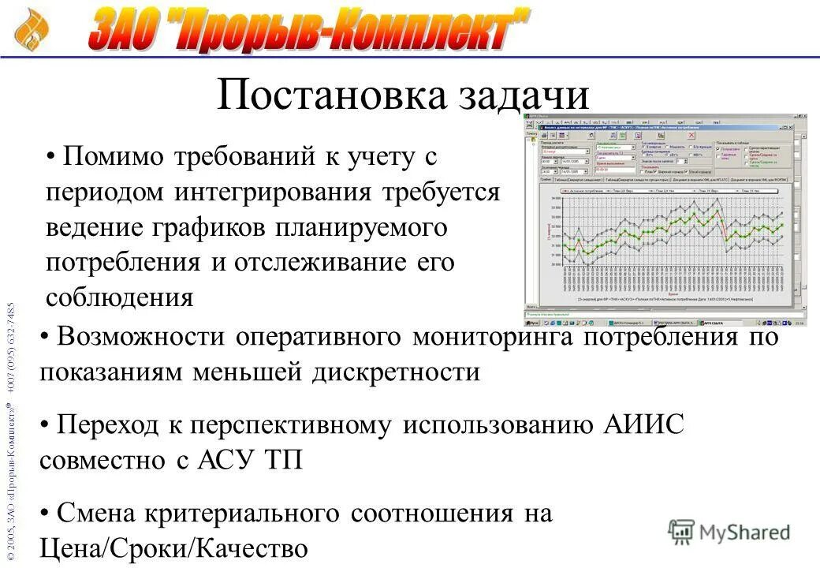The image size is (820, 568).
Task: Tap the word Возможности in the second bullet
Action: coord(140,337)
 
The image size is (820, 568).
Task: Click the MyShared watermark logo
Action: coord(728,532)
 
